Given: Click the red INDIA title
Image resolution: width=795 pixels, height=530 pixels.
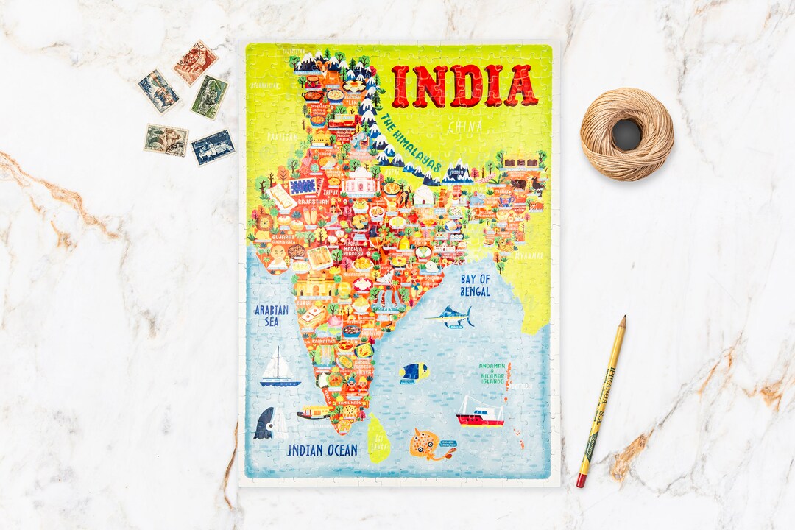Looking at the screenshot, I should click(464, 86).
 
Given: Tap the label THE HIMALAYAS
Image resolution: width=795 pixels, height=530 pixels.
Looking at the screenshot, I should click(411, 142).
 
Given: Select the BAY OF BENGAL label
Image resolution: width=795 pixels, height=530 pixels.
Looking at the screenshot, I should click(475, 285).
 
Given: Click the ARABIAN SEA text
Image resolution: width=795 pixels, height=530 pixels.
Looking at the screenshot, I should click(272, 316).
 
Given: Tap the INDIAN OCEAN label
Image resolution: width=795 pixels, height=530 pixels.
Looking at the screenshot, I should click(322, 450).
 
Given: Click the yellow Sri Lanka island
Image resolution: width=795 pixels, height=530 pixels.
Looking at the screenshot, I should click(378, 438).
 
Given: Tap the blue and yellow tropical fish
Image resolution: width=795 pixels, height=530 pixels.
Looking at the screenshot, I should click(414, 372).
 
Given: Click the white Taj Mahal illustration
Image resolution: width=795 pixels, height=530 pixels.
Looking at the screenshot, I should click(360, 182).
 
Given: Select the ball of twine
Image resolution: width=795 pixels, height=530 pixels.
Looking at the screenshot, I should click(626, 134).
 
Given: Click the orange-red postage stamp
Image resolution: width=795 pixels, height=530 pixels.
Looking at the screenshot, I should click(195, 63).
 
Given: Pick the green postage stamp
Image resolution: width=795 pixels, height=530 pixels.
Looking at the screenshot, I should click(210, 96).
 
